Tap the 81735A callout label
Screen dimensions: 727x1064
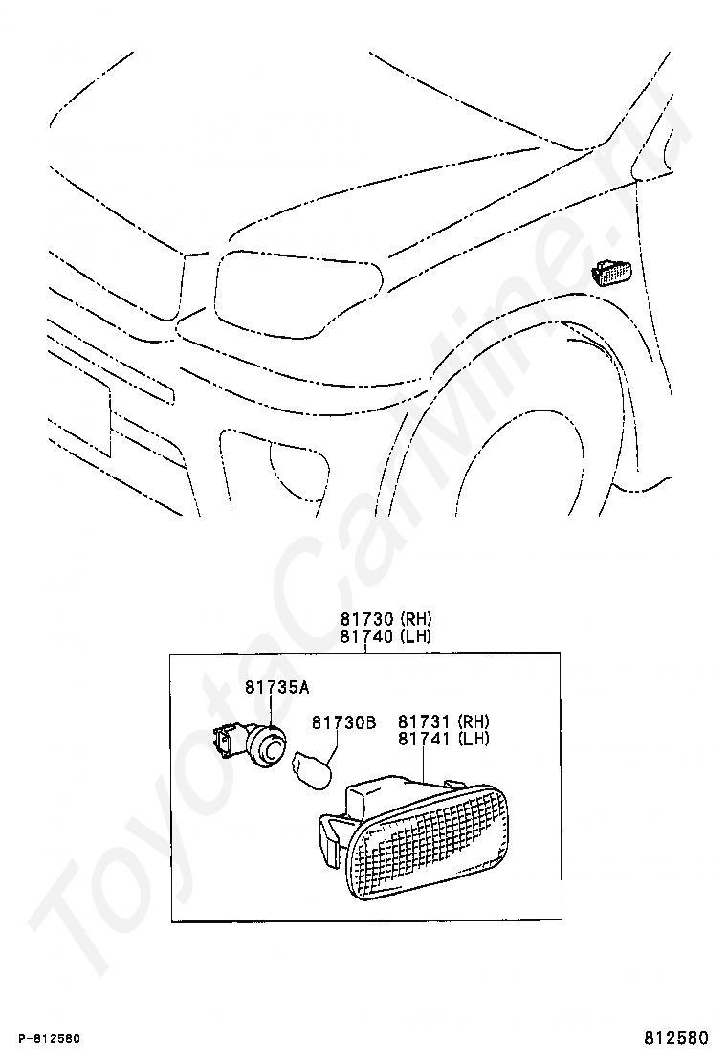276,686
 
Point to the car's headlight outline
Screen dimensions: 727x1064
297,292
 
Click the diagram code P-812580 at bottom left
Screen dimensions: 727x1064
48,1039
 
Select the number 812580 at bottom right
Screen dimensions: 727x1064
674,1038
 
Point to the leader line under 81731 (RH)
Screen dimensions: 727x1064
422,765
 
